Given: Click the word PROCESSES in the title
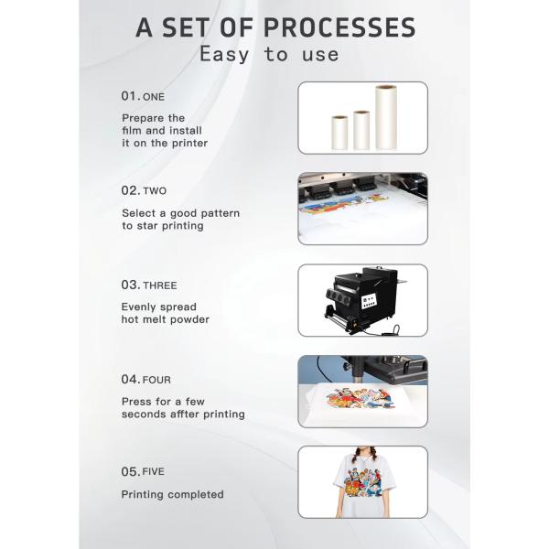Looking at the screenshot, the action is (x=339, y=27).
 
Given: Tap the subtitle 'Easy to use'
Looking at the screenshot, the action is (x=269, y=55).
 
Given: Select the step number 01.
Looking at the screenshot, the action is (x=131, y=96).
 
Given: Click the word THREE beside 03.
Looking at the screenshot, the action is (x=160, y=285).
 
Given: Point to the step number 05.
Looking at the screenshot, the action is (x=131, y=471).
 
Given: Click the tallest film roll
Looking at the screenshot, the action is (x=386, y=117).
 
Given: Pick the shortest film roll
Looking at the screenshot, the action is (x=339, y=133).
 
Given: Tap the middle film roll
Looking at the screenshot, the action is (x=361, y=130).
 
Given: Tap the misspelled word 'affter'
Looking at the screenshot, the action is (x=185, y=414).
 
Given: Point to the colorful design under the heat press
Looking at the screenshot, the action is (x=361, y=398).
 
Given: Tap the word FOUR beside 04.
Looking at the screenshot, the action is (x=156, y=381).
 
